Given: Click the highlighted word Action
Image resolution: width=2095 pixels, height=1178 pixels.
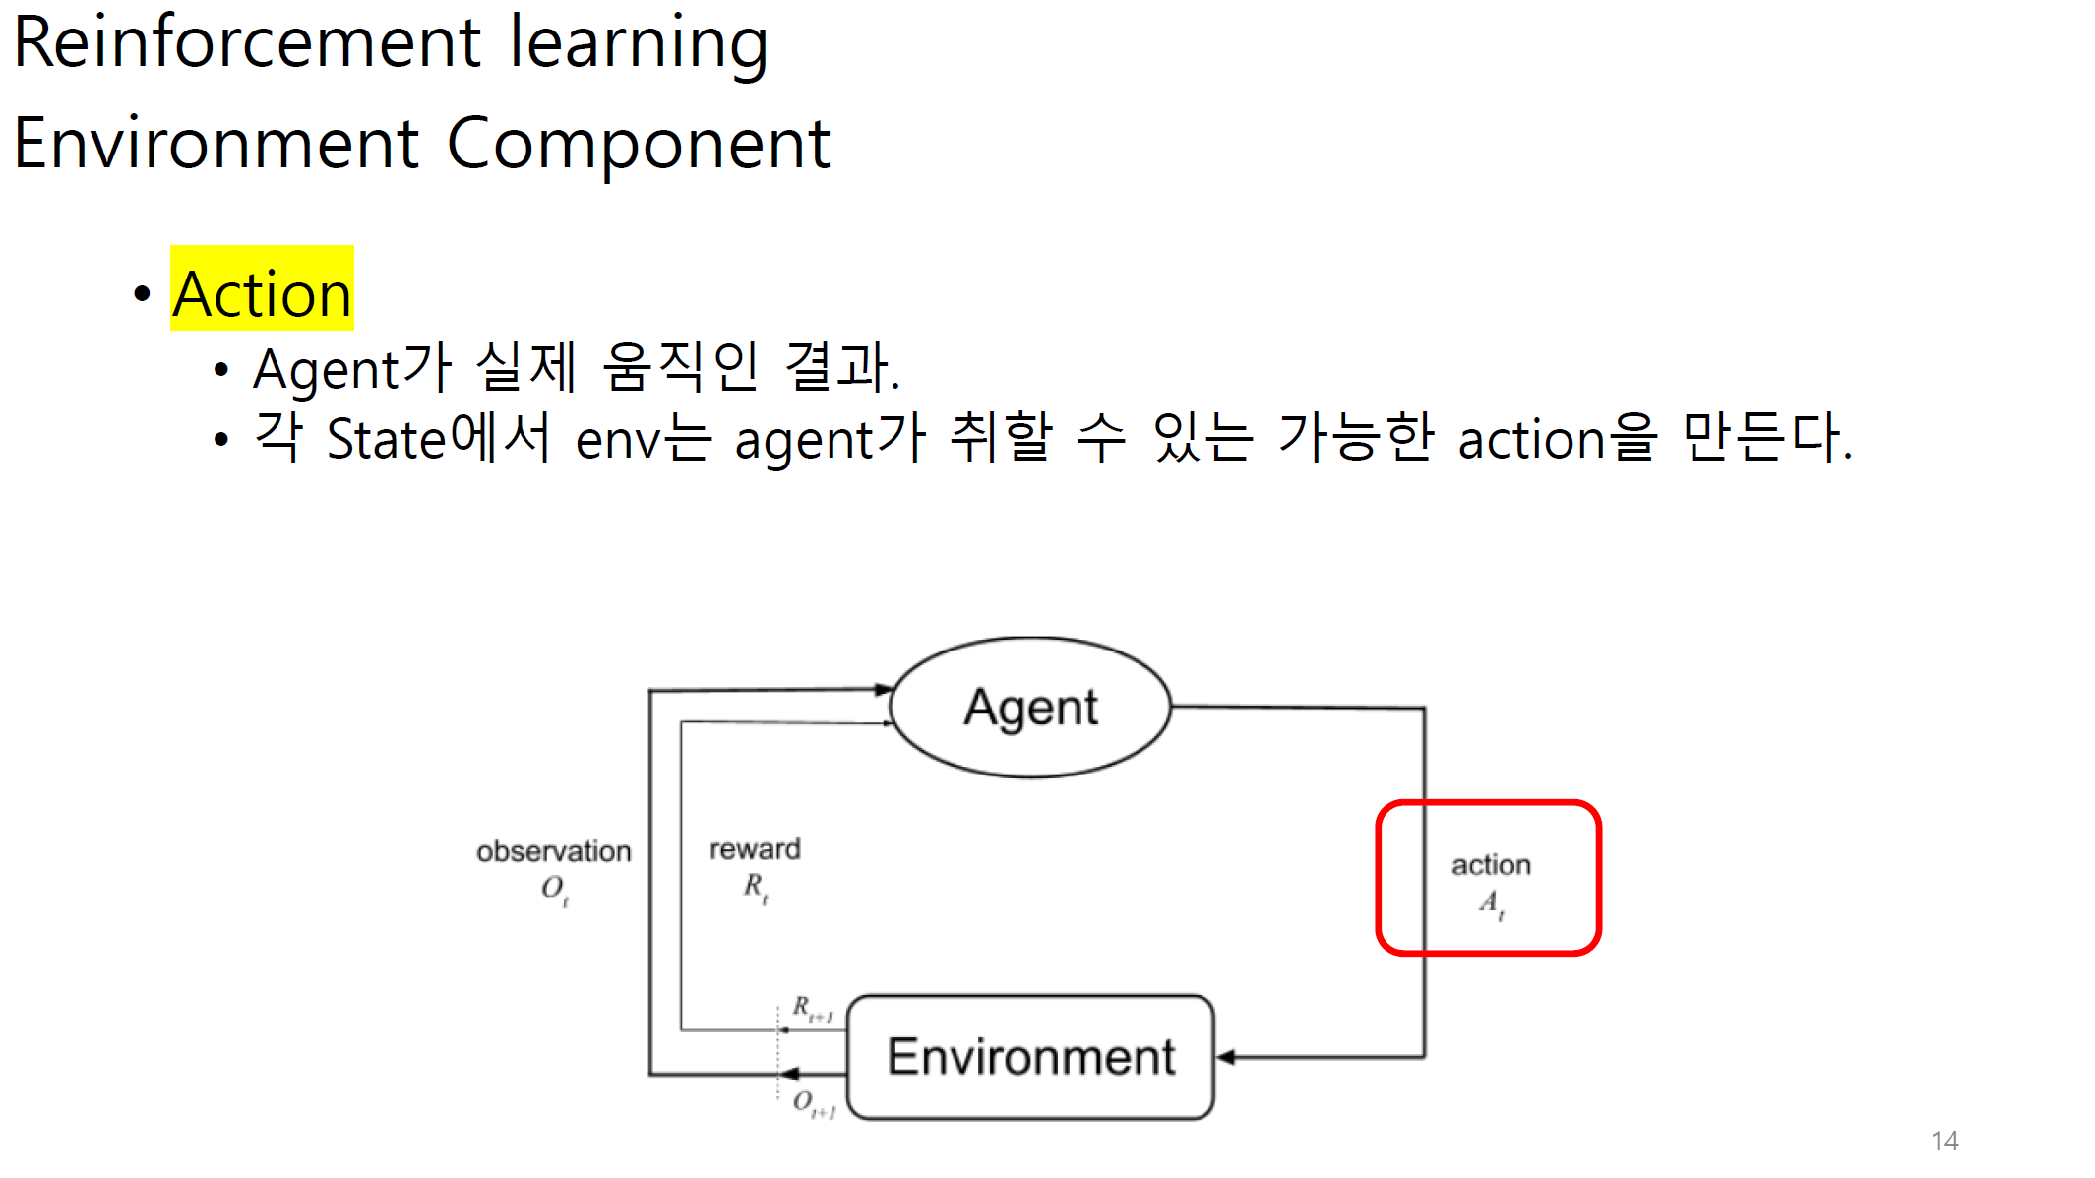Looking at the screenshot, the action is pos(262,293).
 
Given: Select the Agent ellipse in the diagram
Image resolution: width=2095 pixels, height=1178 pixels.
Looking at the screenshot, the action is pos(1030,707).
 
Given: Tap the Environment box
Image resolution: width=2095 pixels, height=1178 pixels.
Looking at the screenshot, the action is pos(1030,1057).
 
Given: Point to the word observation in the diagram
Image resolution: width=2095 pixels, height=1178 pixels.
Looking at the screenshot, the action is pos(553,851).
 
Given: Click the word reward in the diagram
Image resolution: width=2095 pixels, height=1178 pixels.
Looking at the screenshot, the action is pos(755,848).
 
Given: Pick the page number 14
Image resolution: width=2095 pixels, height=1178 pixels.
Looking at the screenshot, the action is pos(1944,1141).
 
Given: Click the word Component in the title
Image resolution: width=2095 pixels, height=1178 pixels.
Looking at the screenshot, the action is pos(639,144).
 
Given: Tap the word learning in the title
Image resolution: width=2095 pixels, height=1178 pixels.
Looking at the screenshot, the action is pos(639,43).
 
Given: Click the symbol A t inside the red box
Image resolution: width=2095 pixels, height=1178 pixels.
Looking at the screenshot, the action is pos(1491,902).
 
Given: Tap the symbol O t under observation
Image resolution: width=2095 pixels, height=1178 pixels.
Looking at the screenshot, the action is pos(554,889).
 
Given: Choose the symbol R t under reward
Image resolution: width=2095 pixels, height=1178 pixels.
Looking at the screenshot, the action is pos(755,887).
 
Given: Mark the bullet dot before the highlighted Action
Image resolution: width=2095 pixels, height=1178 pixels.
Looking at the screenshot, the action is pos(143,293).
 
